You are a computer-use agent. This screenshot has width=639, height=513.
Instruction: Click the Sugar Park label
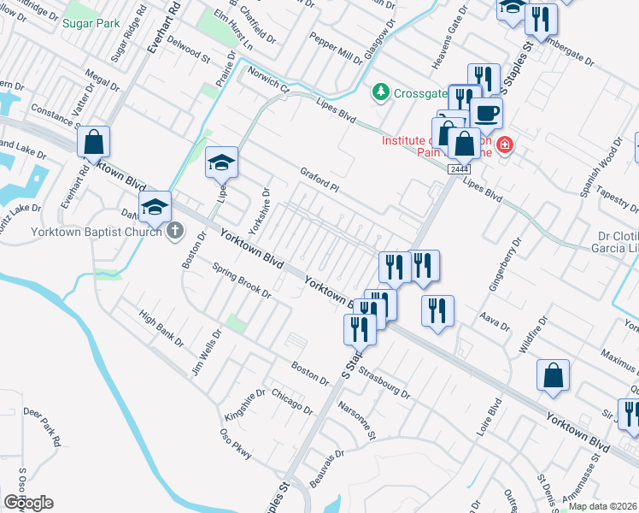click(x=91, y=23)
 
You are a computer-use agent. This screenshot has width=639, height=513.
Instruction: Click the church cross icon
click(x=174, y=230)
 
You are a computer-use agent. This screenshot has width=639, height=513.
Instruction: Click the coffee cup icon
click(x=486, y=114)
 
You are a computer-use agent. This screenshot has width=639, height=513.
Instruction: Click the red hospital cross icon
click(x=505, y=145)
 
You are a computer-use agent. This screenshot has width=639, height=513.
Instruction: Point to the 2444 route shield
click(x=454, y=169)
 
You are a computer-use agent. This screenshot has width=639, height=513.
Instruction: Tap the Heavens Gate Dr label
click(x=449, y=39)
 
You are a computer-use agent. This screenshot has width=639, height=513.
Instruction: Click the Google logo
click(x=28, y=503)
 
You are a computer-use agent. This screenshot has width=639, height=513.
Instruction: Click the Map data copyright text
click(x=602, y=506)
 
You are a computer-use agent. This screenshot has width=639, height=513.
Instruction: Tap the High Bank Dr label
click(x=161, y=327)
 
